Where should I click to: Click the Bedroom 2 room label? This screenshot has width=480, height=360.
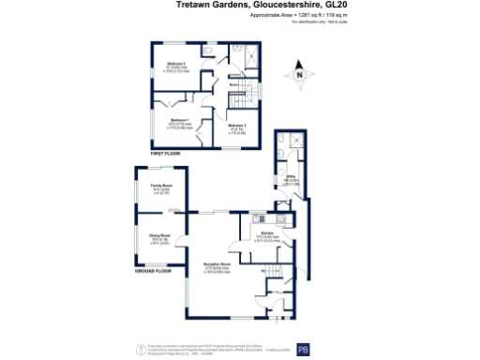[x=174, y=65]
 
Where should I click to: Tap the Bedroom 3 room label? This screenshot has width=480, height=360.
[x=238, y=125]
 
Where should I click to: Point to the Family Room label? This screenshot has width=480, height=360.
[x=160, y=186]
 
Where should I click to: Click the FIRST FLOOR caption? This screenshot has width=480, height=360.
[x=165, y=151]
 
